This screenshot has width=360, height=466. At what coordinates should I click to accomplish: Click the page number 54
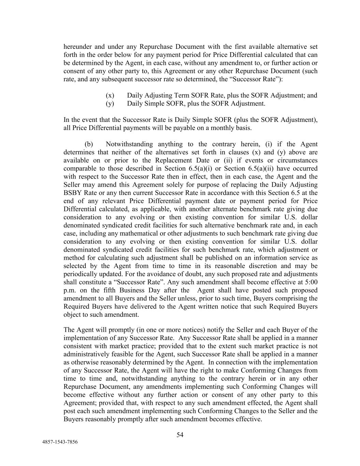click(180, 435)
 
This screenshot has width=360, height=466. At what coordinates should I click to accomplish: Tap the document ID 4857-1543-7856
click(60, 442)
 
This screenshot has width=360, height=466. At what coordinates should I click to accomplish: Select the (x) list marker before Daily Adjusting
click(110, 95)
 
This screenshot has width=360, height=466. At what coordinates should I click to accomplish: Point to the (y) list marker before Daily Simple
click(110, 103)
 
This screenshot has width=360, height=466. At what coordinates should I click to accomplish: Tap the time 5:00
click(310, 282)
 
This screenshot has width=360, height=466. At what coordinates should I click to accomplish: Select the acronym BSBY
click(72, 193)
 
